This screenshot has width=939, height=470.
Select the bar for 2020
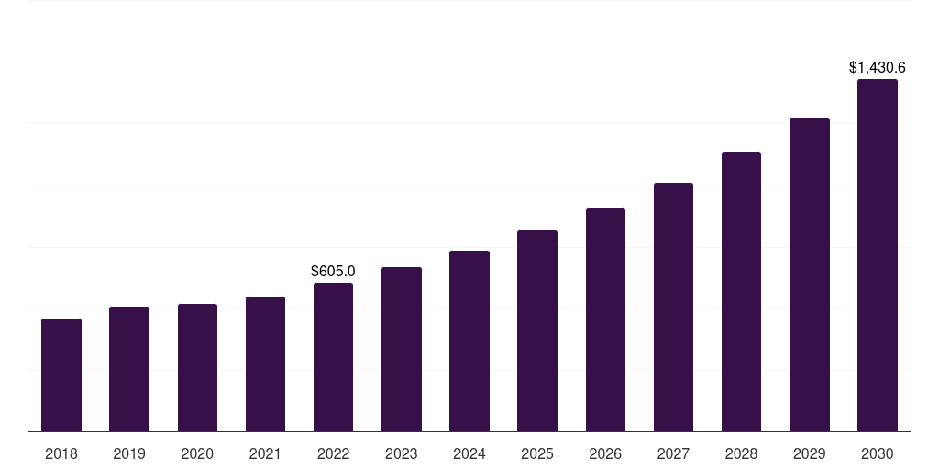pyautogui.click(x=197, y=367)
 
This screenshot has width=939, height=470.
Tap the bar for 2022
pyautogui.click(x=333, y=357)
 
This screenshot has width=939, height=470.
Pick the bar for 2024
pyautogui.click(x=469, y=341)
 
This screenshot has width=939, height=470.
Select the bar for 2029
pyautogui.click(x=809, y=274)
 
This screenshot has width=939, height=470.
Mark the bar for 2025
pyautogui.click(x=537, y=330)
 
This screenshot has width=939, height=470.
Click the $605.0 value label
pyautogui.click(x=333, y=271)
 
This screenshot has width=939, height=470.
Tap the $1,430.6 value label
pyautogui.click(x=877, y=67)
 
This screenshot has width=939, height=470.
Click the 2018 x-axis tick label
pyautogui.click(x=61, y=453)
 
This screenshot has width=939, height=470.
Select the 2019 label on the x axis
pyautogui.click(x=129, y=453)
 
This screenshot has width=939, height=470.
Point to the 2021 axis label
pyautogui.click(x=265, y=453)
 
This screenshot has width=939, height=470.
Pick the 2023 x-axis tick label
pyautogui.click(x=401, y=453)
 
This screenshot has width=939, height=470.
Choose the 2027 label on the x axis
pyautogui.click(x=673, y=453)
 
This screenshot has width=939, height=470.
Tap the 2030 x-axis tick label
pyautogui.click(x=877, y=453)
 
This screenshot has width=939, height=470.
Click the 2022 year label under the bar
pyautogui.click(x=333, y=453)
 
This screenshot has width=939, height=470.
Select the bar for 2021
pyautogui.click(x=265, y=364)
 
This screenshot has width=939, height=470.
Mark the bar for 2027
pyautogui.click(x=673, y=307)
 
